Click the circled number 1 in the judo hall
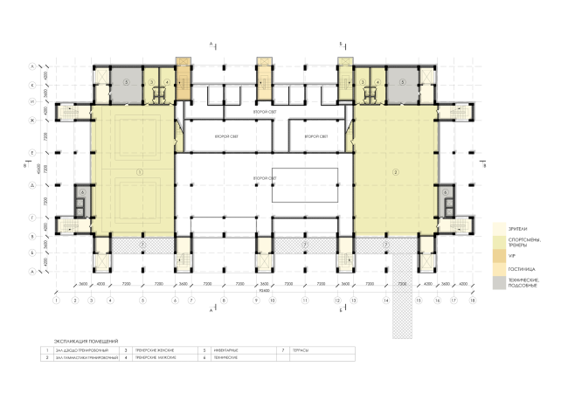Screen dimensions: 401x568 (x=139, y=173)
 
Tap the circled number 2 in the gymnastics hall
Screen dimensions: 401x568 (x=396, y=173)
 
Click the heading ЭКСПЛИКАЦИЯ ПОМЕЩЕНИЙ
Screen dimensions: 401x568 (x=85, y=340)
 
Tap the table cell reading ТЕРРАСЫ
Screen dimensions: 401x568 (x=301, y=349)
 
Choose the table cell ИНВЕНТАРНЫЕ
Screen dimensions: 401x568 (x=229, y=349)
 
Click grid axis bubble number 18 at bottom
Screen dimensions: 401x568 (x=473, y=301)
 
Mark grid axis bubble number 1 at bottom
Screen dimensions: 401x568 (x=55, y=301)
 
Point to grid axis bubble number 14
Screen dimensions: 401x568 (x=385, y=301)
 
